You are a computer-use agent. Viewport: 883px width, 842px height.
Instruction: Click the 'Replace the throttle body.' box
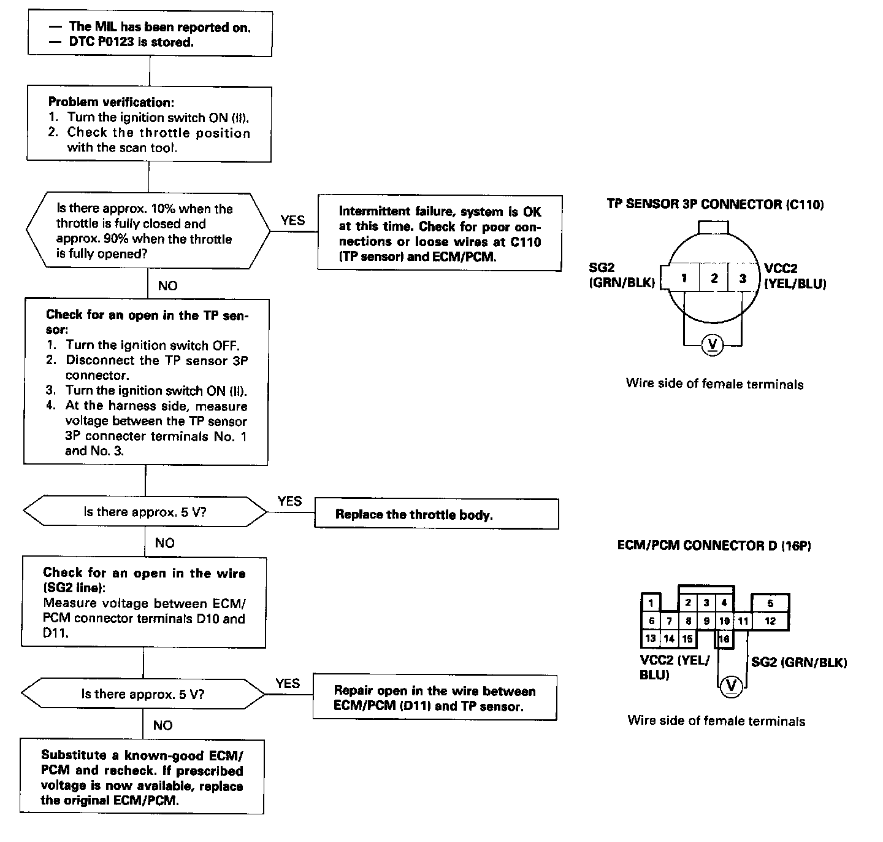pyautogui.click(x=436, y=514)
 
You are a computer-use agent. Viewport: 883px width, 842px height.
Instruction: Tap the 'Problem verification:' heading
pyautogui.click(x=111, y=102)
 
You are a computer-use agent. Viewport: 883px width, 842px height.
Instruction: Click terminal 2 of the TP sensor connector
pyautogui.click(x=714, y=278)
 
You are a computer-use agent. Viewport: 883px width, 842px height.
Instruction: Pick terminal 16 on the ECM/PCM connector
pyautogui.click(x=724, y=639)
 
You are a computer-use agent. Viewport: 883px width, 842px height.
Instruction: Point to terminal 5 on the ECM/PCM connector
pyautogui.click(x=770, y=603)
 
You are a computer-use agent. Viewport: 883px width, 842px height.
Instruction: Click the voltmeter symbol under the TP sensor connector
pyautogui.click(x=712, y=344)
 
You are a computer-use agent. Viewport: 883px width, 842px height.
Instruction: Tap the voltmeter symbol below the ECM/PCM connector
pyautogui.click(x=731, y=686)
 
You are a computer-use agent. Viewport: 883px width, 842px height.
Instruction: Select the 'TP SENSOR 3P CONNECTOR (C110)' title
pyautogui.click(x=715, y=204)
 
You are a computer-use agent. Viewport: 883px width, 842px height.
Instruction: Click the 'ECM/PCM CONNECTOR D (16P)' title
pyautogui.click(x=714, y=545)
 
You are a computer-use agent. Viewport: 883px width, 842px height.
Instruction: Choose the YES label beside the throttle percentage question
pyautogui.click(x=292, y=220)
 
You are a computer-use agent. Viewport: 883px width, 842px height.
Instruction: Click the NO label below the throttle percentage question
pyautogui.click(x=167, y=286)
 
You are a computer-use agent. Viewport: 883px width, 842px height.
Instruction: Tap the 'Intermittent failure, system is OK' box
pyautogui.click(x=439, y=233)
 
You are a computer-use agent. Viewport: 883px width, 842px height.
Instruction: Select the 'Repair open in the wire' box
pyautogui.click(x=434, y=698)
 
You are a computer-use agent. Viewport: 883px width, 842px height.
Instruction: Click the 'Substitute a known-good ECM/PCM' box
pyautogui.click(x=142, y=778)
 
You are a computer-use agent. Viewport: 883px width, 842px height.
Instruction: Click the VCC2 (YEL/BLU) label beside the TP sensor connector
pyautogui.click(x=795, y=276)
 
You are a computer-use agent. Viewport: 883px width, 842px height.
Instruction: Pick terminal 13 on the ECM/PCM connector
pyautogui.click(x=651, y=638)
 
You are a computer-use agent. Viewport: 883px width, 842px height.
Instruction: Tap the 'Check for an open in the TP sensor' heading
pyautogui.click(x=147, y=322)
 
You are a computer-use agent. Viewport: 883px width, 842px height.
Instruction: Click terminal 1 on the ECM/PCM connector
pyautogui.click(x=651, y=603)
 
